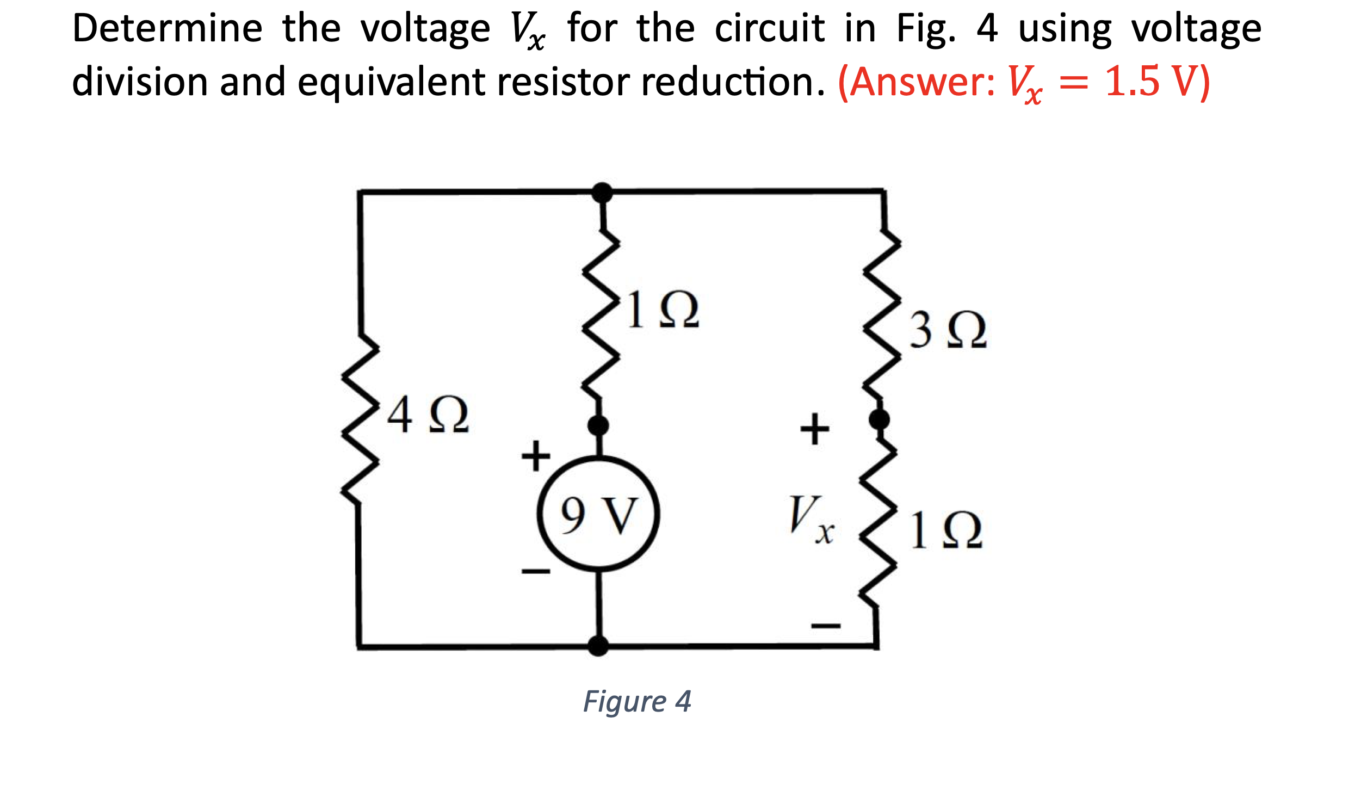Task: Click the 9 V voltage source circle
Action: tap(598, 514)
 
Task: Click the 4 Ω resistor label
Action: tap(428, 415)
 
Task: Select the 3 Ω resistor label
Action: tap(948, 330)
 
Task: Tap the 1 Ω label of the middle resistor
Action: tap(663, 310)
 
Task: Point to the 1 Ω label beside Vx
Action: tap(946, 530)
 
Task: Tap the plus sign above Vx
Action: tap(814, 429)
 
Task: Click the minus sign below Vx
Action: tap(825, 626)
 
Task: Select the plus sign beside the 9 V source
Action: tap(536, 455)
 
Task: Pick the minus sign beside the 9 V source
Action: tap(536, 571)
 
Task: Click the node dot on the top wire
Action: tap(602, 193)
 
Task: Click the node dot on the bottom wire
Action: tap(598, 646)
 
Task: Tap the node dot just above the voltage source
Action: tap(598, 425)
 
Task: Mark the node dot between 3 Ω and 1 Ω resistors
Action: tap(879, 419)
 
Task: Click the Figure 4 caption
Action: tap(637, 701)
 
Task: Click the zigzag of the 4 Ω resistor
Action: tap(360, 419)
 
